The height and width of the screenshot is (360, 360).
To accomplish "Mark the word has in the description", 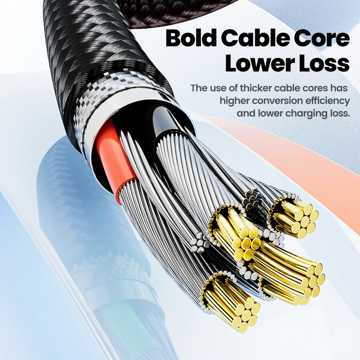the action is coord(339,88).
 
